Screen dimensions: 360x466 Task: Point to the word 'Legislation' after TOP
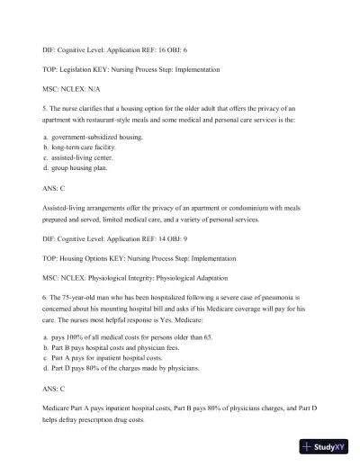[x=75, y=68]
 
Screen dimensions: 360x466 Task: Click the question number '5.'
[x=45, y=112]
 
